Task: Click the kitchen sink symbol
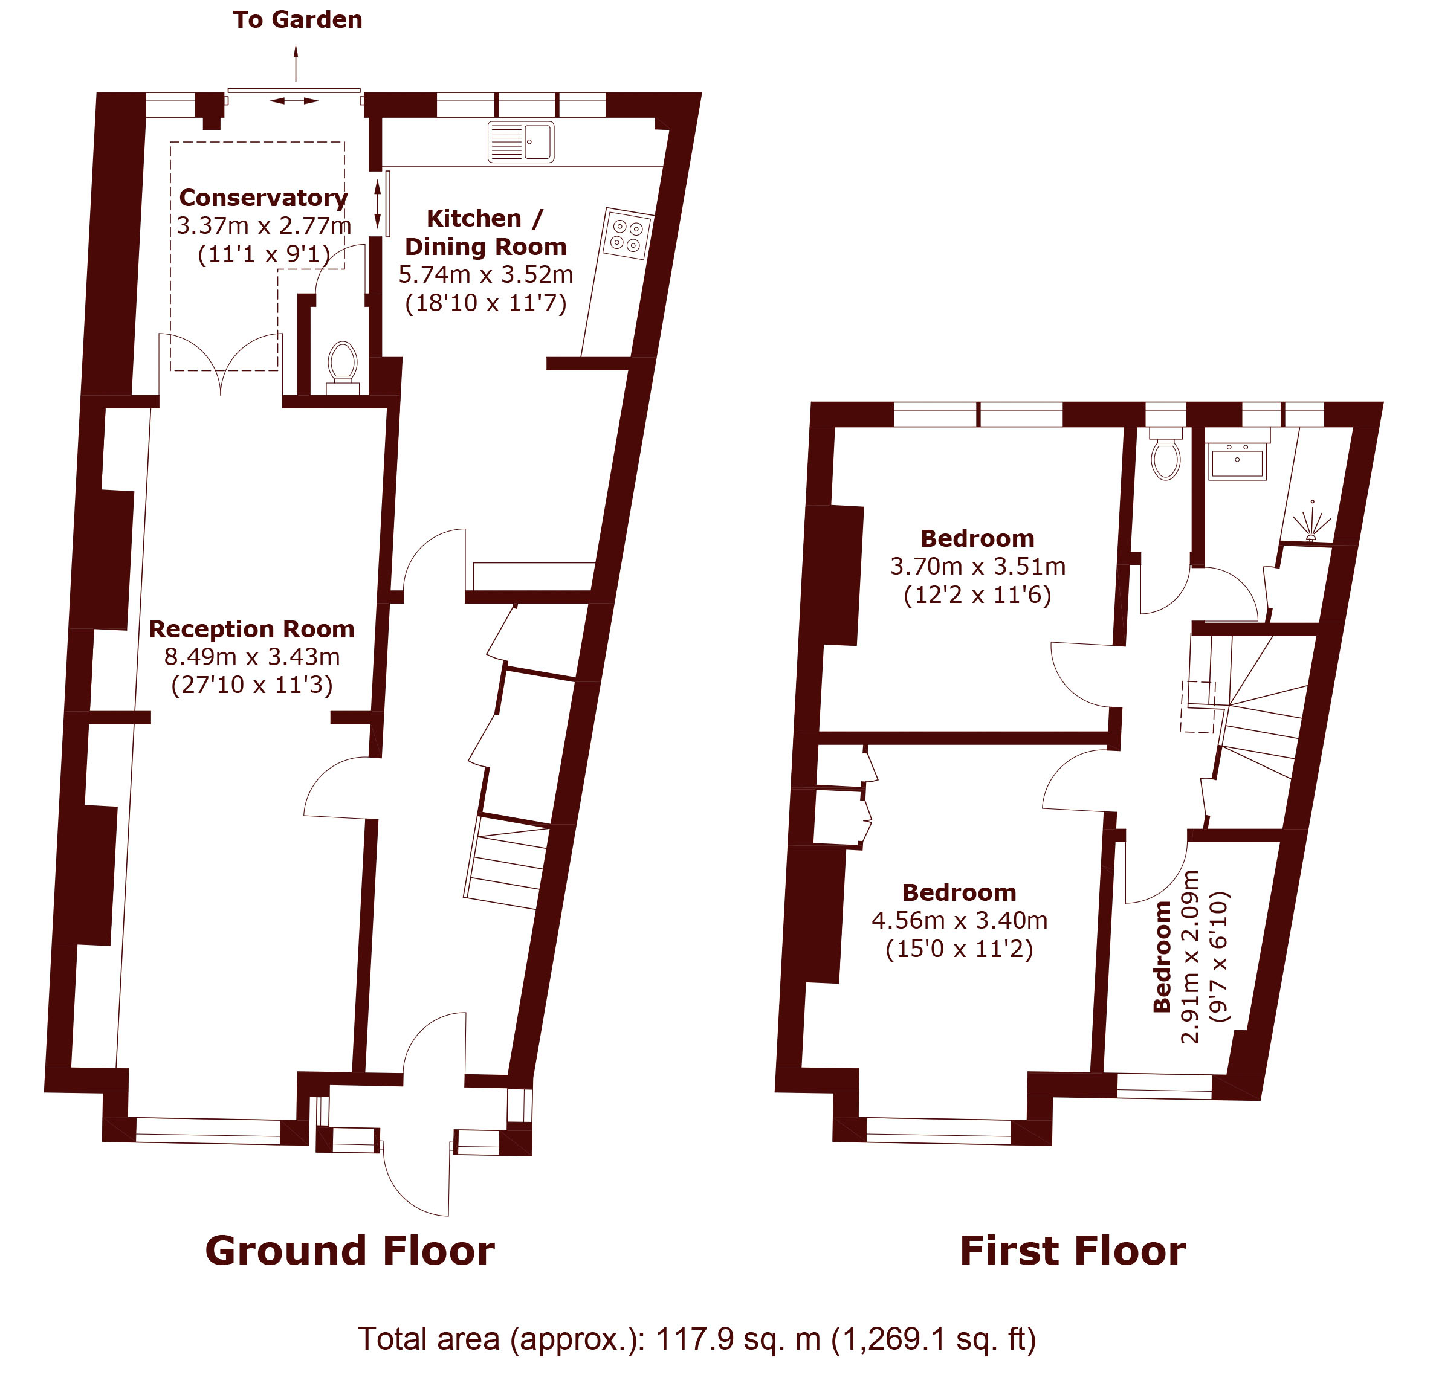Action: [521, 141]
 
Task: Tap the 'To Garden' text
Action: [297, 20]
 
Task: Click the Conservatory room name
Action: [263, 198]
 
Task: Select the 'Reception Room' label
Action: [251, 629]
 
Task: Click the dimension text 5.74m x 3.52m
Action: [485, 274]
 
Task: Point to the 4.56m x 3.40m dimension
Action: [959, 920]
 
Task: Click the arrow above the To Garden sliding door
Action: [296, 62]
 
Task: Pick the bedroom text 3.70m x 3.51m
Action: [977, 566]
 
